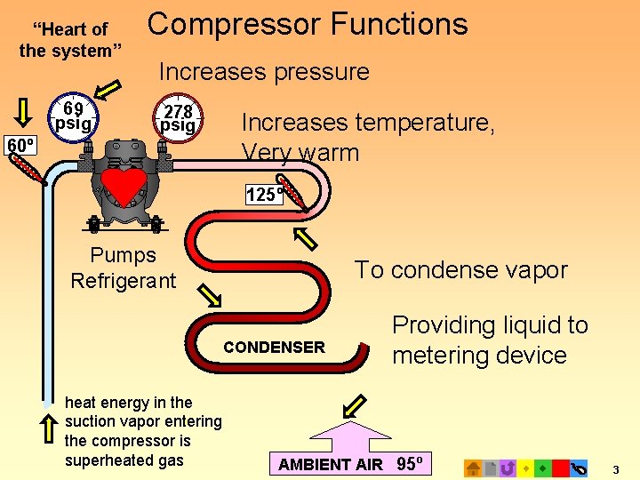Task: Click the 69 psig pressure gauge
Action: (x=73, y=116)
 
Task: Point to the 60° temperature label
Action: (x=20, y=145)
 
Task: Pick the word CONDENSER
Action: (x=275, y=348)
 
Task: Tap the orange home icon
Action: (x=474, y=468)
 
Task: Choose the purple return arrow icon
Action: (x=508, y=468)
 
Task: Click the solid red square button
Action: (x=560, y=468)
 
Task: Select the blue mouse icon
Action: (x=579, y=468)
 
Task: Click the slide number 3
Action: (x=616, y=468)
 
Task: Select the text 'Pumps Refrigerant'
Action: (x=124, y=268)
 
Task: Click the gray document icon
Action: (x=491, y=468)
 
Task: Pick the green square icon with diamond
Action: (x=542, y=468)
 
